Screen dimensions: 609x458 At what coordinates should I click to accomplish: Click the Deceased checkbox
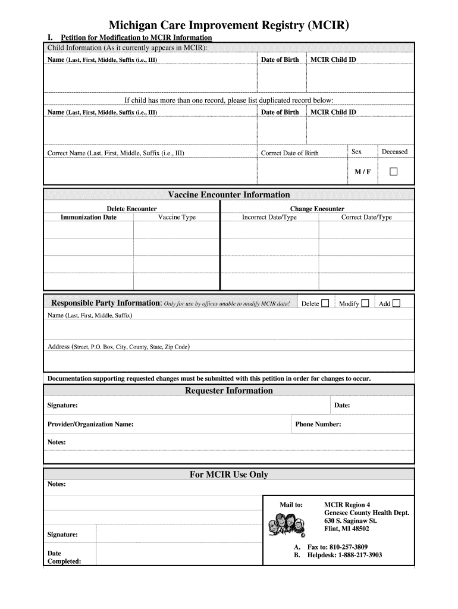393,172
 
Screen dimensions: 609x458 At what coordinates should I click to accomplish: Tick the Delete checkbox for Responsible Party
325,303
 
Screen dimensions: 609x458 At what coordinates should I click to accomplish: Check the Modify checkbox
365,303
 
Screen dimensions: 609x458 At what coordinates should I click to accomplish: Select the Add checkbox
396,303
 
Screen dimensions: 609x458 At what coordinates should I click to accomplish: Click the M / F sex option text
362,172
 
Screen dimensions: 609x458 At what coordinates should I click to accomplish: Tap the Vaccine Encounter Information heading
229,194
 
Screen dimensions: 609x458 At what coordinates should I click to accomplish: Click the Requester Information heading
229,391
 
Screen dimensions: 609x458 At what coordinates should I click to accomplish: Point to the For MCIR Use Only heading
229,475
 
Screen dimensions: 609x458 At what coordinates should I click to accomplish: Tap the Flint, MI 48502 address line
346,529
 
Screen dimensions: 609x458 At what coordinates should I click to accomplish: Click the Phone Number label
318,425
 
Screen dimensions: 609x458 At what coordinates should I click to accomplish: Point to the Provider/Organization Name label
90,425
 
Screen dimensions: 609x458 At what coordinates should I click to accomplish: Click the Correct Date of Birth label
290,153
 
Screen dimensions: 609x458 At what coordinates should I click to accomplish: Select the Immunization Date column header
89,217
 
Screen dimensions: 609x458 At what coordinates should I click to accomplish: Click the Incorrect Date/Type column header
269,217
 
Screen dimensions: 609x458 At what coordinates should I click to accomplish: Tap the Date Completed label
64,557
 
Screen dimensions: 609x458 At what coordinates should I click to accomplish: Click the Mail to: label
291,505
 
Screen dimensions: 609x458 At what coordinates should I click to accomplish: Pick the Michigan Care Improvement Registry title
229,26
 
